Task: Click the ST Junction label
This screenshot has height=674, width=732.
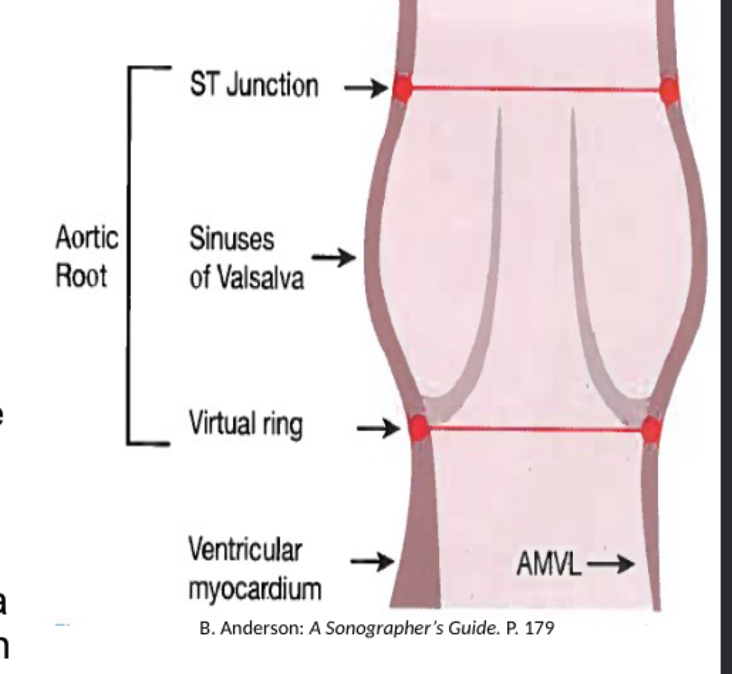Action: point(254,86)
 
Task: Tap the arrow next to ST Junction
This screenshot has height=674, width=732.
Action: point(365,87)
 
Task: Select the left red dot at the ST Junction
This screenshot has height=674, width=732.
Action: point(402,88)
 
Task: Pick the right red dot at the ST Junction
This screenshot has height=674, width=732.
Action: point(669,90)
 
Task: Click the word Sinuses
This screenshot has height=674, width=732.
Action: point(232,239)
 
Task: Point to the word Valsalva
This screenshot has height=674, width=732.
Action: point(261,277)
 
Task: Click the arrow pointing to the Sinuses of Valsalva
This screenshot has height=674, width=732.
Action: point(334,257)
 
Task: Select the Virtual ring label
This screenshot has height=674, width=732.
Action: point(245,424)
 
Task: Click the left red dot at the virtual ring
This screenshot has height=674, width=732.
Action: point(419,426)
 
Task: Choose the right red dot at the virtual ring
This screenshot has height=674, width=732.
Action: point(651,429)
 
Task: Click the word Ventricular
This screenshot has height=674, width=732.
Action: point(245,549)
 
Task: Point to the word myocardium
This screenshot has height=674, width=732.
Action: point(255,589)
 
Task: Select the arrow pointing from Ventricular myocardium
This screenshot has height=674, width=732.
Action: point(372,561)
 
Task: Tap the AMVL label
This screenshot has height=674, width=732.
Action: point(548,564)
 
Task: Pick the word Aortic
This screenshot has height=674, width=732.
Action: point(87,238)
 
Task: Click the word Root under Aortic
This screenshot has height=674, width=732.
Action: point(81,275)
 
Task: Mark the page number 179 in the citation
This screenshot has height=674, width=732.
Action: point(539,628)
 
